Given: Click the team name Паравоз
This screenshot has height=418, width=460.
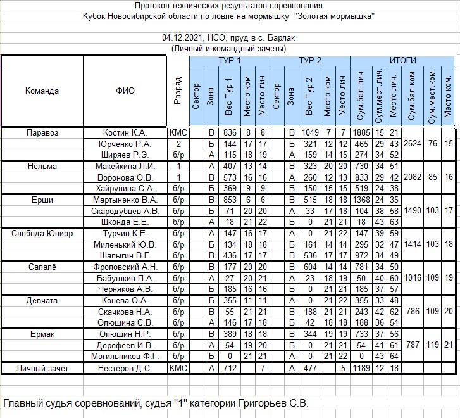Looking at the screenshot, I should pos(42,133).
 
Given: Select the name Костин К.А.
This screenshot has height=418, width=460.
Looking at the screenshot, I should pos(125,133).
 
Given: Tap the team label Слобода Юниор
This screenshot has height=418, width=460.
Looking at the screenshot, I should pos(42,234).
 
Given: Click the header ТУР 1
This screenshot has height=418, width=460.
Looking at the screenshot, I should pos(229,60).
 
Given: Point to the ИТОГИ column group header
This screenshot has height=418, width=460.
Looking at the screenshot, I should pos(403,60).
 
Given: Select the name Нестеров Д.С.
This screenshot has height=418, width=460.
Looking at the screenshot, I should pos(125,368).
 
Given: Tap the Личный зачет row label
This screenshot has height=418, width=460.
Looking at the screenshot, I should pos(42,368).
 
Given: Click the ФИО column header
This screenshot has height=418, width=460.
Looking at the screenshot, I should pos(125,91).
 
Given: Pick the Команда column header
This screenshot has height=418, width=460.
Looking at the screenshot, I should pos(42,91).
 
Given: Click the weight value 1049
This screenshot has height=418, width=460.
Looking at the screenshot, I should pos(309,133).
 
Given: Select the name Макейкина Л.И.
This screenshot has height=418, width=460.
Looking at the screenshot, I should pos(125,167).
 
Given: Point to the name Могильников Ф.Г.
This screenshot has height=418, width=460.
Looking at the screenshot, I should pos(125,357).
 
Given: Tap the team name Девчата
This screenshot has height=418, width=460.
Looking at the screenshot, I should pos(42,301).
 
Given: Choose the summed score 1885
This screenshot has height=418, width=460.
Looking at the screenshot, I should pos(361,133).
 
